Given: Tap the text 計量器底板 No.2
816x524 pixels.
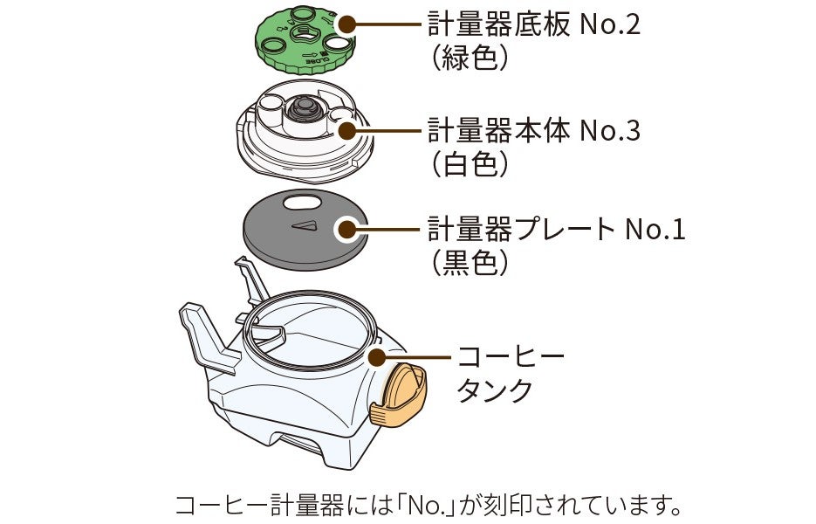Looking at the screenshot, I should click(x=533, y=24).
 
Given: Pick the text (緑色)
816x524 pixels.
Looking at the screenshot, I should click(x=470, y=59).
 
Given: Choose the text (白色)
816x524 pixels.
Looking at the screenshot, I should click(x=470, y=165).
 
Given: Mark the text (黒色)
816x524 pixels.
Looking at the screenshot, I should click(x=470, y=263).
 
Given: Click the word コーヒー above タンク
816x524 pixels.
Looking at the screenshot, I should click(x=511, y=357).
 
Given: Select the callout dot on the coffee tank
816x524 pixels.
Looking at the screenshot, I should click(x=377, y=357).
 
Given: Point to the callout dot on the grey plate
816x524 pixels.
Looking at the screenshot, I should click(x=346, y=230).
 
